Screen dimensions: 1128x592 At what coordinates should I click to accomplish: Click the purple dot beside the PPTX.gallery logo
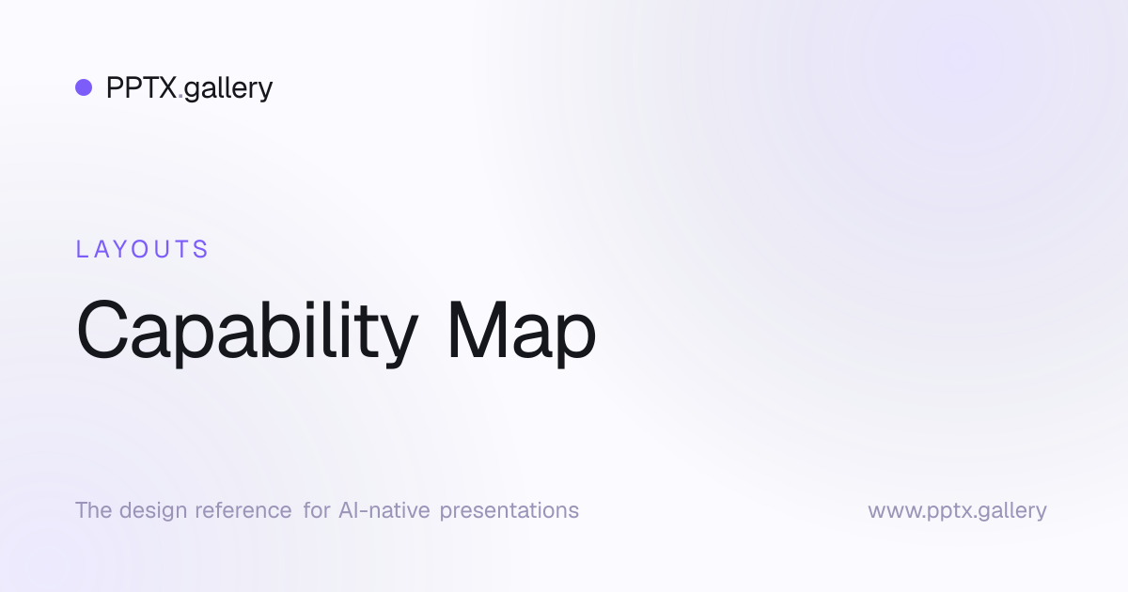click(84, 87)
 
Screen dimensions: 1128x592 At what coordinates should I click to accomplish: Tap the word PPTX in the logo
click(142, 87)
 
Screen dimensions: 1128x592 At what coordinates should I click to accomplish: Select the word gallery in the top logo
click(228, 89)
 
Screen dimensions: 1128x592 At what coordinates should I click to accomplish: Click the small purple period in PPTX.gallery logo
click(180, 96)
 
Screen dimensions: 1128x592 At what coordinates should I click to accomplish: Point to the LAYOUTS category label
click(142, 249)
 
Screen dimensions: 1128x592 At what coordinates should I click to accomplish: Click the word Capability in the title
click(247, 334)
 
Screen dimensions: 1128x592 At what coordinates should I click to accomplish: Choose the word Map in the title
click(522, 334)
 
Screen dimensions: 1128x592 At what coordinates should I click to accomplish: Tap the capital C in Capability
click(102, 330)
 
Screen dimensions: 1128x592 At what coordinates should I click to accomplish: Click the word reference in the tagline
click(243, 510)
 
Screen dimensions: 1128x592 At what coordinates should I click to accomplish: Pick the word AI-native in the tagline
click(384, 510)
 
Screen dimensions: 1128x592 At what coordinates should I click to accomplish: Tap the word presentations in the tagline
click(509, 511)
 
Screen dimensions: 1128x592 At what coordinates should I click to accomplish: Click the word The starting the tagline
click(94, 510)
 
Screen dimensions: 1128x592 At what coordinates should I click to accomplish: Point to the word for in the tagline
click(316, 510)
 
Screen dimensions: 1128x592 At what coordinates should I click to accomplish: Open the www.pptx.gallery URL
click(957, 511)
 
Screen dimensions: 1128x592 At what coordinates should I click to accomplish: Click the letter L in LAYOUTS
click(81, 249)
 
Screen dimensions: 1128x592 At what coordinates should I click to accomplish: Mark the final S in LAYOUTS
click(201, 249)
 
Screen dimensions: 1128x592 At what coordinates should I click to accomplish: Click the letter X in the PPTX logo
click(165, 87)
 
